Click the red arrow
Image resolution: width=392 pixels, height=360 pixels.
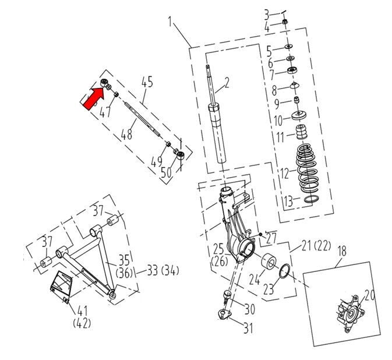tap(93, 97)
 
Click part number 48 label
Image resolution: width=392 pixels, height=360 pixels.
tap(126, 135)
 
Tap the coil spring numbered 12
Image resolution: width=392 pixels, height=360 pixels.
tap(306, 169)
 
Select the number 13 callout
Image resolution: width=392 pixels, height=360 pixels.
tap(288, 201)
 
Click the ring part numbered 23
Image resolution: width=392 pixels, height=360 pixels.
tap(285, 271)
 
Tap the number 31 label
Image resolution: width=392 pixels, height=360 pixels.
tap(248, 328)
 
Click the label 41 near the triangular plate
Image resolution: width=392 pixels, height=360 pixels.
tap(82, 311)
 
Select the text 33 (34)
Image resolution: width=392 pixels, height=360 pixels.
tap(163, 270)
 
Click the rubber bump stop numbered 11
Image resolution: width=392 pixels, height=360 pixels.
tap(302, 132)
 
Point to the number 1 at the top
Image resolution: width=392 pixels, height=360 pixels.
tap(170, 22)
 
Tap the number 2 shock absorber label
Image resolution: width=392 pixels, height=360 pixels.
tap(227, 83)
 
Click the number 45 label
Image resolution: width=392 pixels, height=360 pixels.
tap(147, 82)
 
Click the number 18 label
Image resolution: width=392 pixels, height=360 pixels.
tap(342, 251)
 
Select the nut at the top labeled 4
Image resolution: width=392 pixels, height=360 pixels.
tap(284, 22)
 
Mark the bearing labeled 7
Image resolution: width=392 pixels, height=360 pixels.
tap(292, 70)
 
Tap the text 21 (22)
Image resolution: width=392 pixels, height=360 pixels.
tap(316, 246)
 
